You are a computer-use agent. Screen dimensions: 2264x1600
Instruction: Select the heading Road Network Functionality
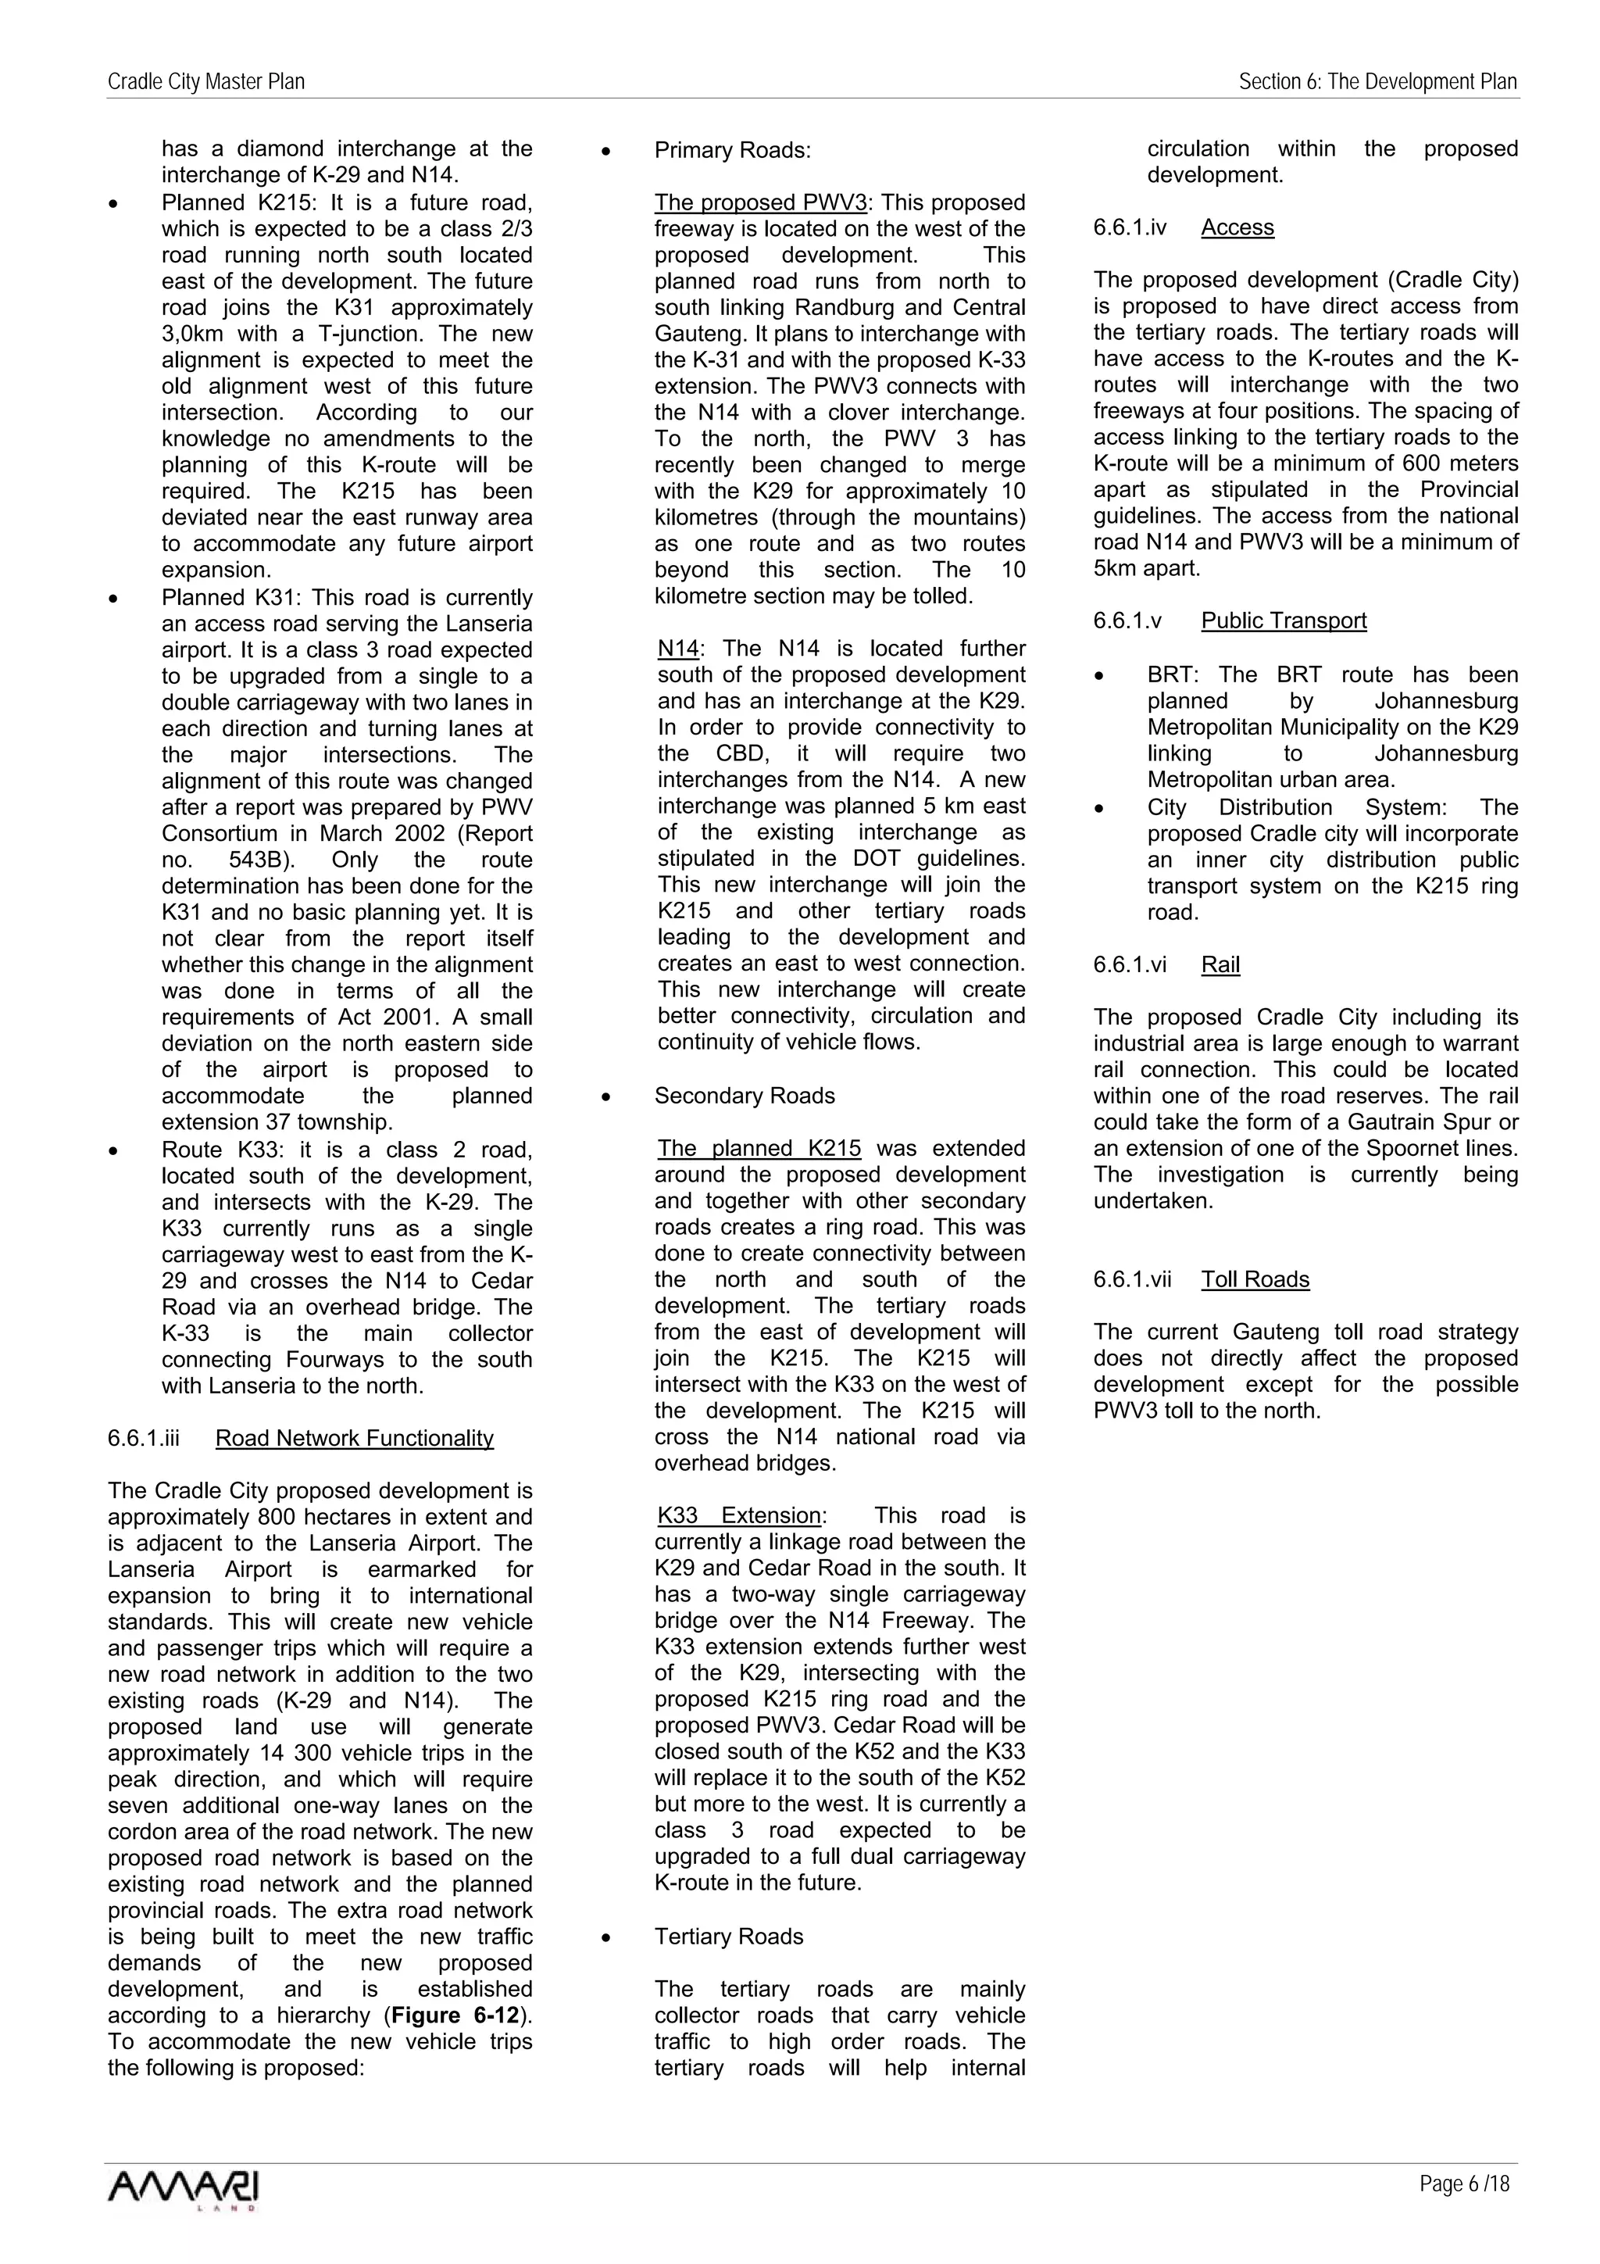354,1439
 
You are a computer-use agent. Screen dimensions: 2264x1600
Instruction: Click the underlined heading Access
1237,227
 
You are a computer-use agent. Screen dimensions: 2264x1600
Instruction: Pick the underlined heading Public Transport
1284,621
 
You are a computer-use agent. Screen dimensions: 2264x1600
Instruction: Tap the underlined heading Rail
1220,964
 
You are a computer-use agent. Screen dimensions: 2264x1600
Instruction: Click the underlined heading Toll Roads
1255,1280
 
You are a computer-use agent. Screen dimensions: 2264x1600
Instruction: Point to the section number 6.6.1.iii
148,1439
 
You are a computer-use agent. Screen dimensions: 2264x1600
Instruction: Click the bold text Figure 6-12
455,2015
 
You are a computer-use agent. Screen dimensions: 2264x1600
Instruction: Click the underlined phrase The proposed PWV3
760,203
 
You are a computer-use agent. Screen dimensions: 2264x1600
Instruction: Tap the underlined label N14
677,649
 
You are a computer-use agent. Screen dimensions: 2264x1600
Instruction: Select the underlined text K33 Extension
739,1515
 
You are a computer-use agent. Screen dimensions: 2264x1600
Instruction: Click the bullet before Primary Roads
607,152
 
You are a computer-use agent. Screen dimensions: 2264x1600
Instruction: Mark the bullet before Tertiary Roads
607,1937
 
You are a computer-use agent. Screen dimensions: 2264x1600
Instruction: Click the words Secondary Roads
745,1096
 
